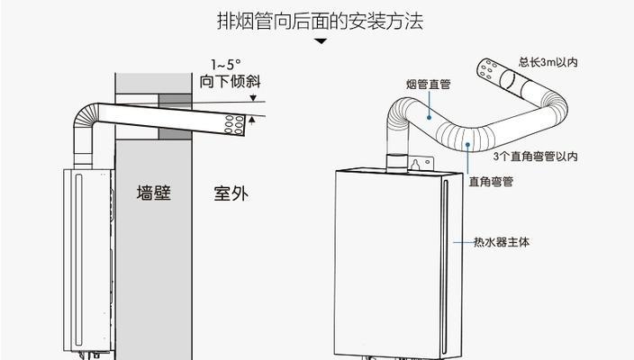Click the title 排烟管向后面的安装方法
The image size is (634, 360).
point(320,21)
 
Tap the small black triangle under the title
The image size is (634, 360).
point(320,41)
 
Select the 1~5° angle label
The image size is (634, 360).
point(225,65)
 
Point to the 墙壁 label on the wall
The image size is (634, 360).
point(153,193)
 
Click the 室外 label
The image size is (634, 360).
point(230,193)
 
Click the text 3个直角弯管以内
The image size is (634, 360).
point(534,156)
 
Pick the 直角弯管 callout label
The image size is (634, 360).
point(490,181)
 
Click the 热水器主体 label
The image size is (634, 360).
point(503,242)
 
